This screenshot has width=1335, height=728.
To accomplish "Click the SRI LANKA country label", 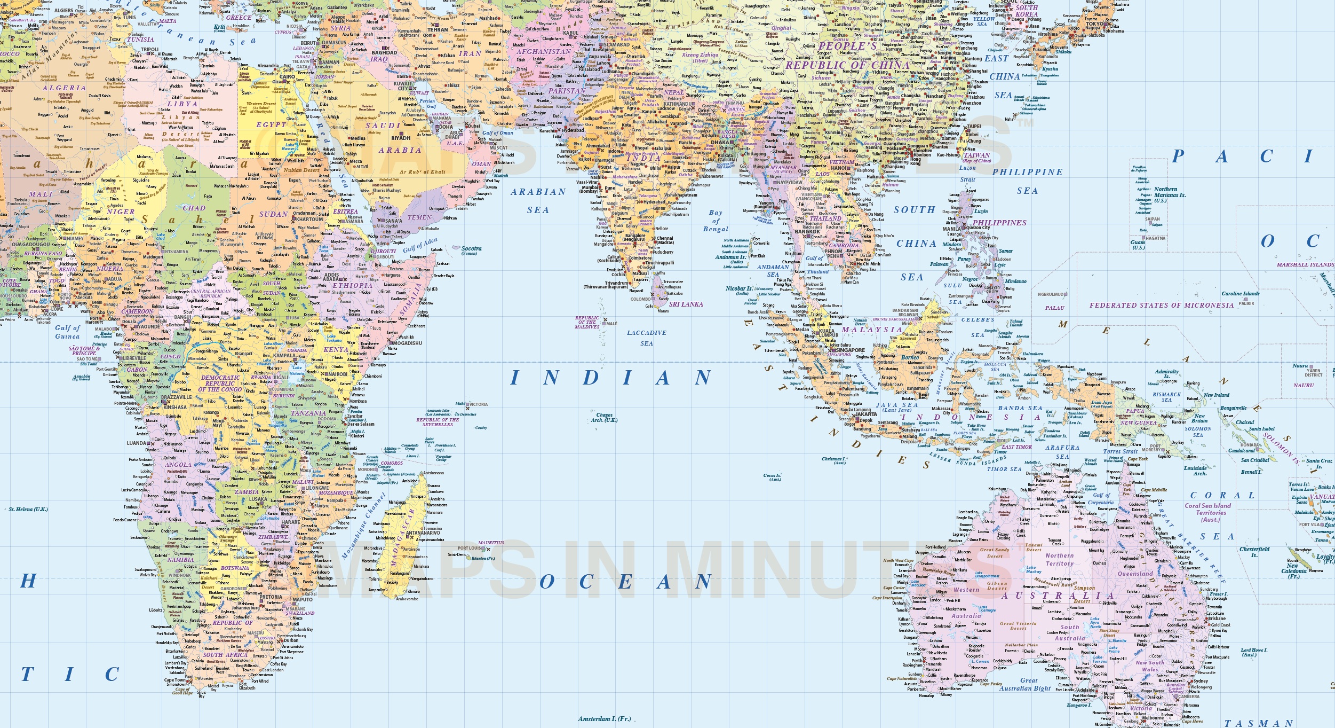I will point(686,304).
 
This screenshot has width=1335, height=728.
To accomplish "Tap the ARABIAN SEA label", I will point(538,200).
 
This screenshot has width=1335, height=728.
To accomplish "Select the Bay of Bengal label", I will point(716,221).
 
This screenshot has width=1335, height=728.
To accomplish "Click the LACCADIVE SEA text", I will point(647,338).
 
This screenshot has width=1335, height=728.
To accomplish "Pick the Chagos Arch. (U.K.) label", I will point(605,417).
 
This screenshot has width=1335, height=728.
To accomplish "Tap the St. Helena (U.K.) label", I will point(28,509).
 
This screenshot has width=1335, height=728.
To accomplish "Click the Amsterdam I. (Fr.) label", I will point(605,719).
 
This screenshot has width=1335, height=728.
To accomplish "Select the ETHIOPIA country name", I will point(353,286).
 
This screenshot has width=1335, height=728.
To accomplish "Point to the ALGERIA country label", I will point(64,88).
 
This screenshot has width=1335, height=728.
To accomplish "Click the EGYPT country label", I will point(272,125).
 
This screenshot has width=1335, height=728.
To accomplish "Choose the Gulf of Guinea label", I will point(67,332).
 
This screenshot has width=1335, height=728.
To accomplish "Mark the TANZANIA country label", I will point(308,413).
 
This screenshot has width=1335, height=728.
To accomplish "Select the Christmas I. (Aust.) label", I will point(833,460).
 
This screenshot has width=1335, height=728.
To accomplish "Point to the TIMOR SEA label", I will point(1004,469).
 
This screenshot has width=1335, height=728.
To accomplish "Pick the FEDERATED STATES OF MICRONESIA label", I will point(1162,306).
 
